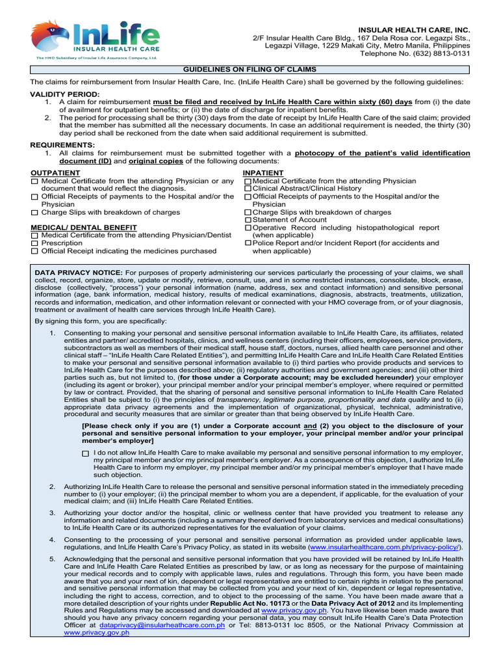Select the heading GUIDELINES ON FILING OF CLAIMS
tap(249, 70)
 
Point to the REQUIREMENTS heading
tap(62, 144)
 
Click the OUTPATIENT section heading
tap(56, 173)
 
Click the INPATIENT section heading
tap(263, 173)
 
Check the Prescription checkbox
tap(34, 243)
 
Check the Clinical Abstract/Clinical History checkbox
tap(248, 189)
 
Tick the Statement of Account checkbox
tap(248, 220)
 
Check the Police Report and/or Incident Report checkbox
tap(248, 243)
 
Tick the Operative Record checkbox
tap(248, 228)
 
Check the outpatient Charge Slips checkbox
tap(34, 213)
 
